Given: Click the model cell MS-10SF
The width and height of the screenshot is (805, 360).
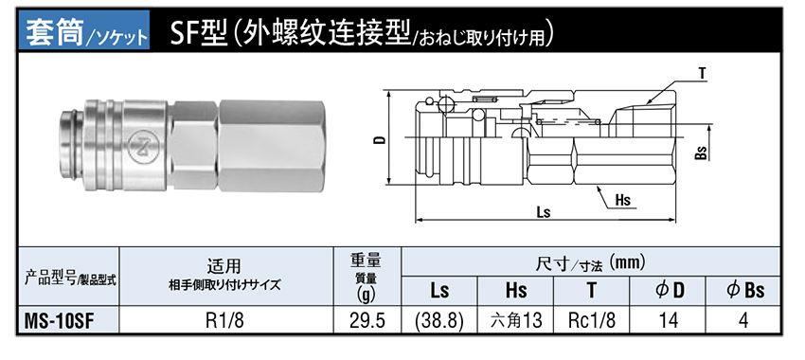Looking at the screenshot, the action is click(61, 320).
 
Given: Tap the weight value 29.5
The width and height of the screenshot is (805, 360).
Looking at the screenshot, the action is click(367, 320).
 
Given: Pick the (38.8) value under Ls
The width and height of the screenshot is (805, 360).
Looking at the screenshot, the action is click(439, 320).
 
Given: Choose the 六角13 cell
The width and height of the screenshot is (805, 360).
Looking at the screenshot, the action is click(516, 320).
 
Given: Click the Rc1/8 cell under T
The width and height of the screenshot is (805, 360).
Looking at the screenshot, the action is click(591, 320).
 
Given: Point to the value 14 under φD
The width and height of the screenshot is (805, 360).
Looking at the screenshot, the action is click(668, 320).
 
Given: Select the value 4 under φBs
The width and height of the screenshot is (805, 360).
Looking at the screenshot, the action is click(742, 320).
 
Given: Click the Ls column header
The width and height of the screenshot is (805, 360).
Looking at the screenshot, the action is click(439, 291).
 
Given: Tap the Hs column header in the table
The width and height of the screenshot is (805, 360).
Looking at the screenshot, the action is click(516, 291).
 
